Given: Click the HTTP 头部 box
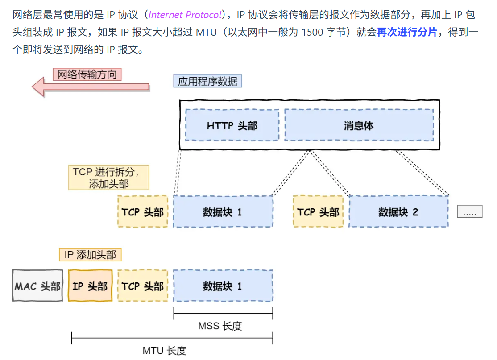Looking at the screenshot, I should point(232,125).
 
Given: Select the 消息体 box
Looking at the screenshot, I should point(359,125).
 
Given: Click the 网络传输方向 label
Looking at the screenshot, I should point(87,74).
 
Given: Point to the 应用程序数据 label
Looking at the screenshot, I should point(207,81).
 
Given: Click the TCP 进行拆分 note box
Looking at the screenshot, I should point(109,178).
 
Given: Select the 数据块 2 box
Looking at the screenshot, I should point(398,212).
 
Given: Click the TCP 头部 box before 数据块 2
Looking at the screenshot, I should point(318,212).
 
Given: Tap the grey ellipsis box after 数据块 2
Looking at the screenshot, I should point(470,212).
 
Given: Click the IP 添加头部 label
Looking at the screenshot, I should point(90,255).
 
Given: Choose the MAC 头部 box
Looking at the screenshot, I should point(37,286).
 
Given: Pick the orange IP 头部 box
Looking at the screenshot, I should point(90,286).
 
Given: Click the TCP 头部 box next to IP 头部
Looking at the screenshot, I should point(143,286).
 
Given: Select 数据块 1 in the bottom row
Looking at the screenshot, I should point(223,286).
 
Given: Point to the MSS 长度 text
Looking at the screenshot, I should point(220,326).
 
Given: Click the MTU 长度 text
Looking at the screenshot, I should point(164,351).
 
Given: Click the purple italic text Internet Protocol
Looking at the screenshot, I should point(185,15).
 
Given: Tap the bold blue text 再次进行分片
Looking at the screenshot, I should point(406,32).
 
